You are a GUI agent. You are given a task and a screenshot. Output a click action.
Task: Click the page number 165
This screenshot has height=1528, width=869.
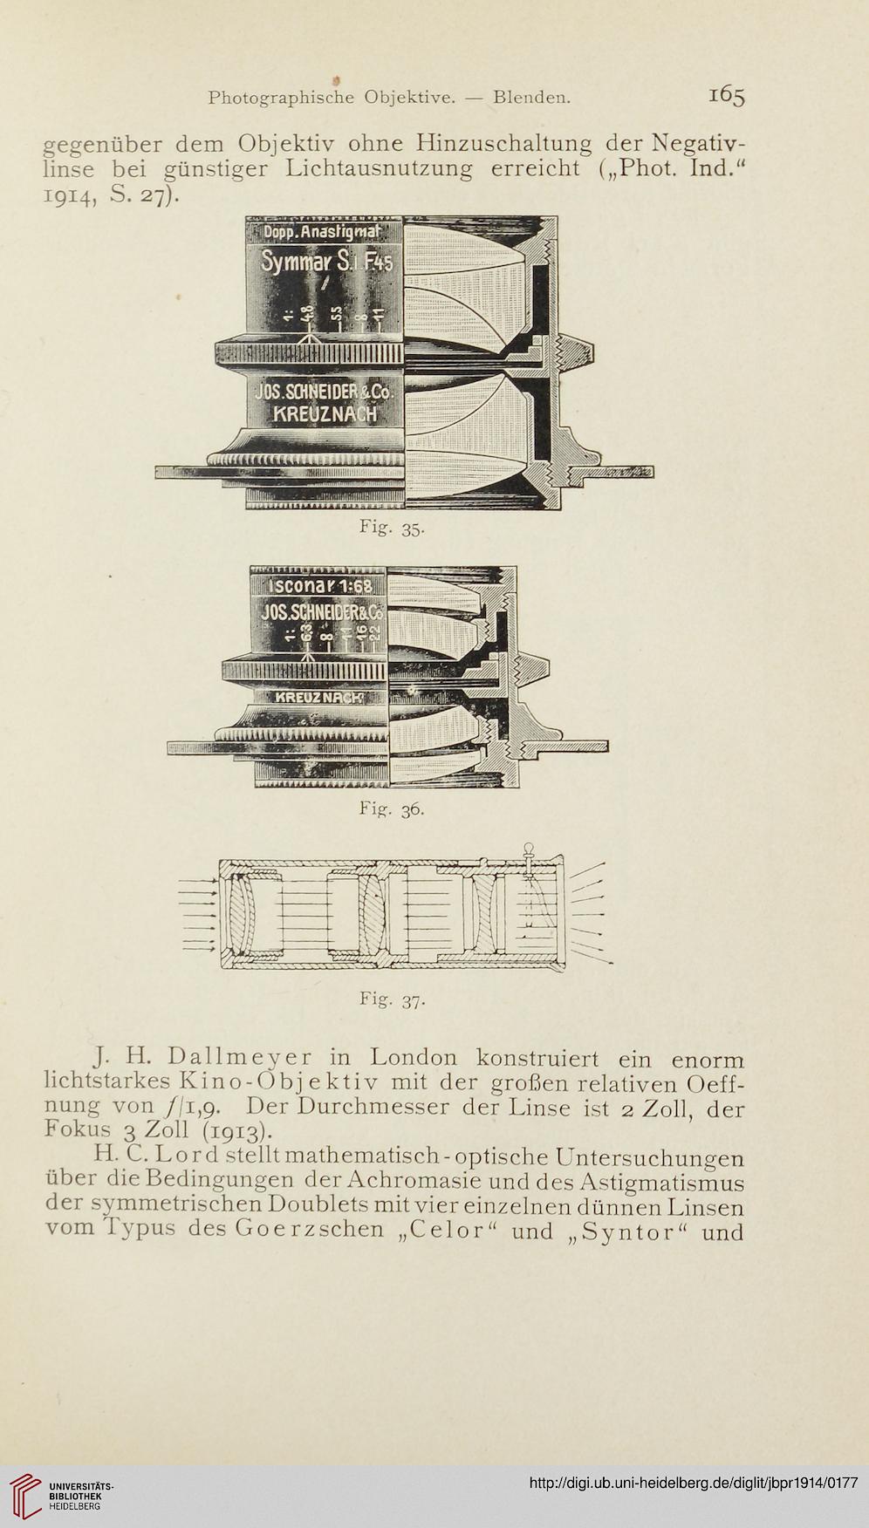pyautogui.click(x=726, y=96)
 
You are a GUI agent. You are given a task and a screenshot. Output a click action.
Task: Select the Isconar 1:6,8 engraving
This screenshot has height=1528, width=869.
pyautogui.click(x=318, y=587)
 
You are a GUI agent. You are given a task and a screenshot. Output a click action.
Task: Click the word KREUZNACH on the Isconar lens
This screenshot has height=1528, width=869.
pyautogui.click(x=318, y=698)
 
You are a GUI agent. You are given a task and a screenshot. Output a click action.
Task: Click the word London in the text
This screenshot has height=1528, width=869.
pyautogui.click(x=414, y=1058)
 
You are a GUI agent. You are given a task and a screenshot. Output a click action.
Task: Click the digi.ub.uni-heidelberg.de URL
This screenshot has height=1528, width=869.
pyautogui.click(x=695, y=1482)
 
